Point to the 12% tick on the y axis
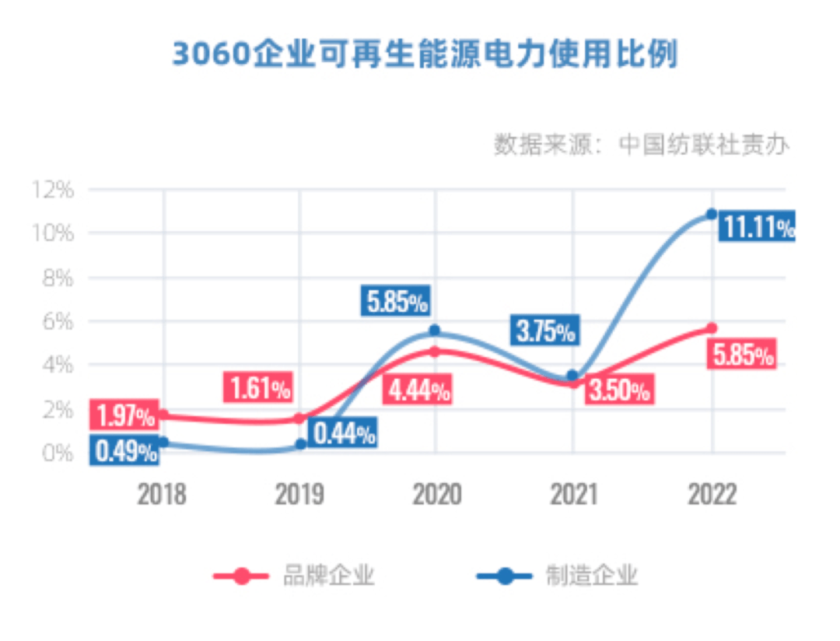click(x=52, y=189)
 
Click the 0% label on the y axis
click(x=58, y=452)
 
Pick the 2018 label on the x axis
click(x=162, y=495)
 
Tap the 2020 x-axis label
click(x=436, y=495)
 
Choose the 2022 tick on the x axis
click(x=712, y=495)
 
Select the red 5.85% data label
click(x=743, y=356)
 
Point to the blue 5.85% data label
click(x=397, y=301)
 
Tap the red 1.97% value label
click(x=124, y=416)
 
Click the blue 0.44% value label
click(x=343, y=433)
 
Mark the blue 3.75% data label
click(x=544, y=331)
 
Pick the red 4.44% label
click(x=418, y=389)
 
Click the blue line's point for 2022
click(x=711, y=214)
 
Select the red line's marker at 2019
click(x=300, y=419)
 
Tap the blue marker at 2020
click(x=435, y=331)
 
